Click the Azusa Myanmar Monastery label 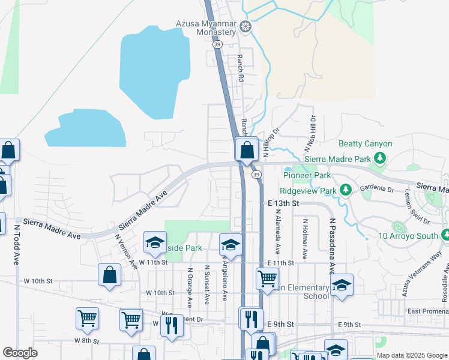205,28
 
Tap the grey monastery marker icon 245,26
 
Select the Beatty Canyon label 365,144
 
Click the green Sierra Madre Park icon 379,158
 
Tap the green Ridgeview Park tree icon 345,190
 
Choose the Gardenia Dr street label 376,188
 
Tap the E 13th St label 283,203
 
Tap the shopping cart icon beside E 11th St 267,278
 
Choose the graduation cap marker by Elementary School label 342,285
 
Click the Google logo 20,353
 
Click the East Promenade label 427,311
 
